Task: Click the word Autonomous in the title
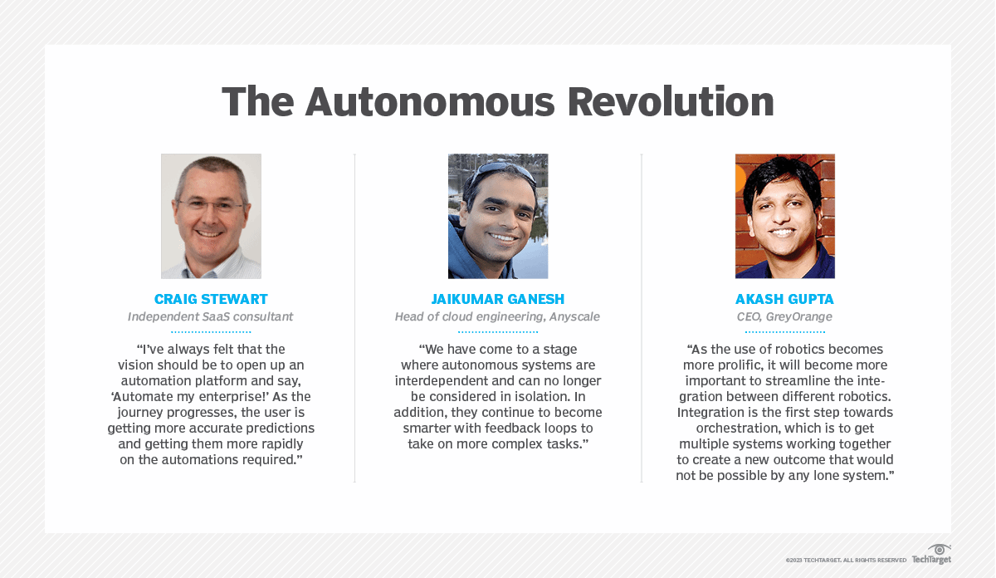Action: pyautogui.click(x=430, y=102)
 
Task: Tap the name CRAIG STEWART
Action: pyautogui.click(x=211, y=300)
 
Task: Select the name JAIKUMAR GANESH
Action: pyautogui.click(x=498, y=300)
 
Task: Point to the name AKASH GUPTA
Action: pyautogui.click(x=784, y=300)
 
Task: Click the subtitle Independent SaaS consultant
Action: pyautogui.click(x=211, y=316)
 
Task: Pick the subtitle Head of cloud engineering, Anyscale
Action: pyautogui.click(x=498, y=316)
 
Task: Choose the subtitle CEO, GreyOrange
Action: pyautogui.click(x=784, y=316)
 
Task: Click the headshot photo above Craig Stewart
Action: pyautogui.click(x=211, y=216)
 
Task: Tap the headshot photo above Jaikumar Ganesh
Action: pyautogui.click(x=498, y=216)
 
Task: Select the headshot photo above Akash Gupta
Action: pyautogui.click(x=784, y=216)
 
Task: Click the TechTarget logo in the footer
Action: pyautogui.click(x=932, y=555)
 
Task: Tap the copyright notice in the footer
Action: pyautogui.click(x=846, y=561)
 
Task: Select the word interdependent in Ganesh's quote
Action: pyautogui.click(x=447, y=381)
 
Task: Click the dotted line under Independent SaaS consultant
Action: pyautogui.click(x=211, y=331)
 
